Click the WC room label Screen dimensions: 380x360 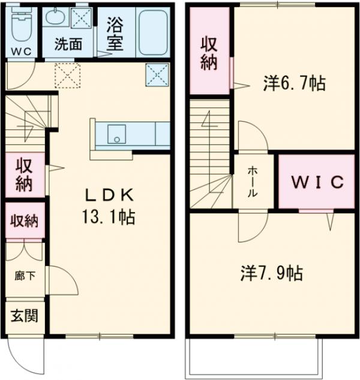pos(22,51)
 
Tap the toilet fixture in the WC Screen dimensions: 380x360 pos(22,24)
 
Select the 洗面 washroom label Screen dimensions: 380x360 pos(67,44)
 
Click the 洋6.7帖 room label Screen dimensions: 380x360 pos(293,84)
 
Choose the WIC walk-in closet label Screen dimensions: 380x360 pos(317,182)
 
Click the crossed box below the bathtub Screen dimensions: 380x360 pos(155,74)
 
